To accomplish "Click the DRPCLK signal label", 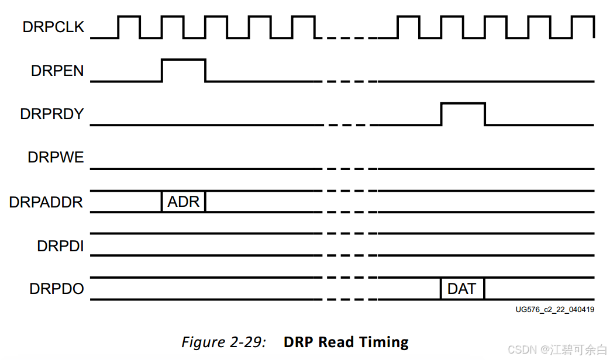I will (53, 27).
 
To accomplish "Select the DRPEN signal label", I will (57, 71).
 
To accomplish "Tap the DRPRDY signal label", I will (52, 114).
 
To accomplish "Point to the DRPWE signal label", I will (56, 158).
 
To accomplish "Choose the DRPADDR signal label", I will (46, 202).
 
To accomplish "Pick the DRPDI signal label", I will (60, 246).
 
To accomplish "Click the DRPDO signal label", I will (57, 289).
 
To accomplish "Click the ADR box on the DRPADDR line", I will (184, 202).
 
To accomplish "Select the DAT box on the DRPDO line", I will (462, 289).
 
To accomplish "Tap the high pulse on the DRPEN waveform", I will (184, 60).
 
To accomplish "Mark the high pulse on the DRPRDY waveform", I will (463, 103).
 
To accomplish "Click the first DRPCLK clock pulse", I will (129, 26).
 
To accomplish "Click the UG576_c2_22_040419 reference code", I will (554, 310).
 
